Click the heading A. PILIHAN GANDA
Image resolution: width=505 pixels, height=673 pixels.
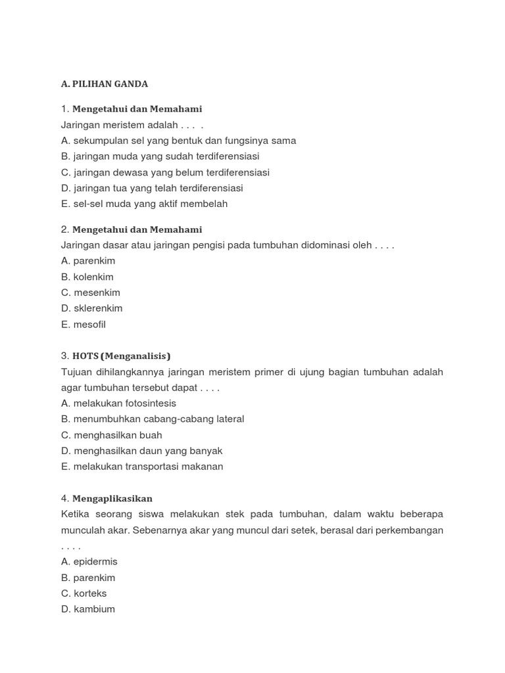105,84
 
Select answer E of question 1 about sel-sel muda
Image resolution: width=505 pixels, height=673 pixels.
144,204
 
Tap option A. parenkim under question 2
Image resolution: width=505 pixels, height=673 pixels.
88,261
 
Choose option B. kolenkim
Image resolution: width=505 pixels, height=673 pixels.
87,277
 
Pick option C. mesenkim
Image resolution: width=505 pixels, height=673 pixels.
91,292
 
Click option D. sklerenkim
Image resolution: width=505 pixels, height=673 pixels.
92,308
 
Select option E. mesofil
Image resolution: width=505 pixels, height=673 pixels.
84,324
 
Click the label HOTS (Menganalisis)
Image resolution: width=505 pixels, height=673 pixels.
121,356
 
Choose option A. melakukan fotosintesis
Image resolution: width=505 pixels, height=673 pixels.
118,404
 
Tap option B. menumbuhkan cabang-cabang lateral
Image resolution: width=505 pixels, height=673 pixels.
153,419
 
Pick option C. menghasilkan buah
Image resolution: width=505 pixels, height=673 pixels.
112,435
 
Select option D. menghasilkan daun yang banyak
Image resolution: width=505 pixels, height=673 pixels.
142,451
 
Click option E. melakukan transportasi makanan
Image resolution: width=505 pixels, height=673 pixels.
142,467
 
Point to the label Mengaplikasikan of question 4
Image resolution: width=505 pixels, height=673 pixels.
112,499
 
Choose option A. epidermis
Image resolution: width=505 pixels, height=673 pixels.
89,562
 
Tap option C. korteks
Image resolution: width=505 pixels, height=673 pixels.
84,593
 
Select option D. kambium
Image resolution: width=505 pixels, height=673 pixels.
88,609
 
